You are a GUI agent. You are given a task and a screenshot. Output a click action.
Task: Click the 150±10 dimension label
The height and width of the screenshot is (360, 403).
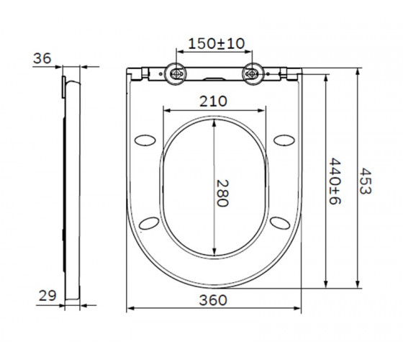click(217, 43)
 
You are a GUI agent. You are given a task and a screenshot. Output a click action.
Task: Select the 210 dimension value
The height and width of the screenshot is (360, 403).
click(213, 102)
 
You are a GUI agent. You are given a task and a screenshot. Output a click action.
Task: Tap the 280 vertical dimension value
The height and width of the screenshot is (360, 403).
click(222, 193)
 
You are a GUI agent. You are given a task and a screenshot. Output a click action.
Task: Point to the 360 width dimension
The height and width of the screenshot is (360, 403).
click(213, 300)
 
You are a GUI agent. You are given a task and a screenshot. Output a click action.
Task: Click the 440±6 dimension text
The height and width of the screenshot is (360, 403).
click(335, 181)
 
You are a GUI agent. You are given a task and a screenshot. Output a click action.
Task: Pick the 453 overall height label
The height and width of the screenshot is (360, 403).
click(366, 181)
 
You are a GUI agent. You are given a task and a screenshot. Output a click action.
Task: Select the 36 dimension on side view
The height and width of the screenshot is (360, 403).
click(42, 58)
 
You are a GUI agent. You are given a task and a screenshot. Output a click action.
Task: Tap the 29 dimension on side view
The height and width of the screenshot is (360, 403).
click(47, 295)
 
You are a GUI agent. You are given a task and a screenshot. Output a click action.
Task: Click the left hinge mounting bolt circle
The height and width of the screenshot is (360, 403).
click(176, 73)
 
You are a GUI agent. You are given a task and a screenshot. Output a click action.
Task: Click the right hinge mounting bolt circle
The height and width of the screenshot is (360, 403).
click(253, 73)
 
